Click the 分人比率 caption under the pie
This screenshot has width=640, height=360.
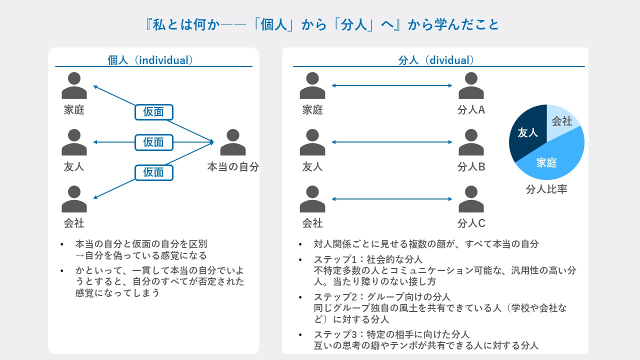coord(546,189)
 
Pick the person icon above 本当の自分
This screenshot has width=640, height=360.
coord(233,142)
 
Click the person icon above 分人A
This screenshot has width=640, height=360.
coord(471,85)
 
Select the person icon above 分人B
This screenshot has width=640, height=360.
coord(471,142)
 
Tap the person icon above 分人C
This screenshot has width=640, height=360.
coord(471,199)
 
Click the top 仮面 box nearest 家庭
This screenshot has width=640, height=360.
coord(153,112)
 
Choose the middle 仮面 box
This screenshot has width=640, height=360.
coord(153,142)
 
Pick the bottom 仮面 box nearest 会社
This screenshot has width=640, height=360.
coord(153,172)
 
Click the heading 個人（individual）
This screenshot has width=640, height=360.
coord(150,60)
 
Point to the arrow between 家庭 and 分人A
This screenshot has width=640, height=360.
coord(391,85)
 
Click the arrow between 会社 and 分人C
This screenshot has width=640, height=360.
coord(391,199)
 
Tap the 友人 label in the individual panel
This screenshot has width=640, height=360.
coord(74,166)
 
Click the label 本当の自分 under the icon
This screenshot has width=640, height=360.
coord(233,166)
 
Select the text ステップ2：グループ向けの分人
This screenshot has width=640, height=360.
coord(382,297)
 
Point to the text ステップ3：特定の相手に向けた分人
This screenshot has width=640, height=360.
coord(391,334)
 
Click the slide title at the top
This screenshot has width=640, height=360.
coord(322,24)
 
